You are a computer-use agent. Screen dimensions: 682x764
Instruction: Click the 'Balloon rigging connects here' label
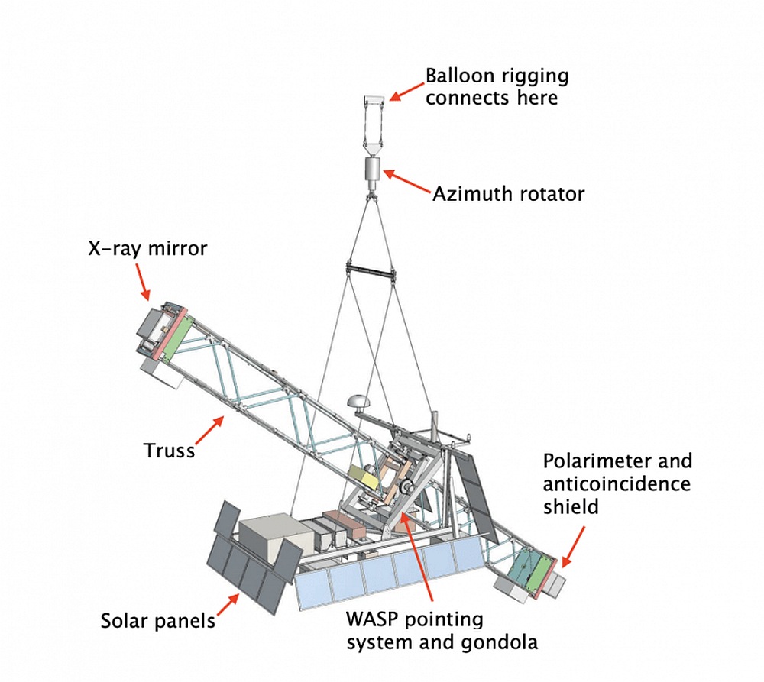pos(497,87)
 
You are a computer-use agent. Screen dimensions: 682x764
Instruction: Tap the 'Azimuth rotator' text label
pos(508,194)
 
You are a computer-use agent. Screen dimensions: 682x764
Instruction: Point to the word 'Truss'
pos(170,450)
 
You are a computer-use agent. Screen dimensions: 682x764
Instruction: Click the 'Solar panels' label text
pos(158,620)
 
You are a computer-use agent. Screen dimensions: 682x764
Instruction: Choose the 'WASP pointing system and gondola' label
pos(442,630)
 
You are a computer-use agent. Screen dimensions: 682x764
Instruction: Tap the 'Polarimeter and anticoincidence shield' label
pos(617,483)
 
